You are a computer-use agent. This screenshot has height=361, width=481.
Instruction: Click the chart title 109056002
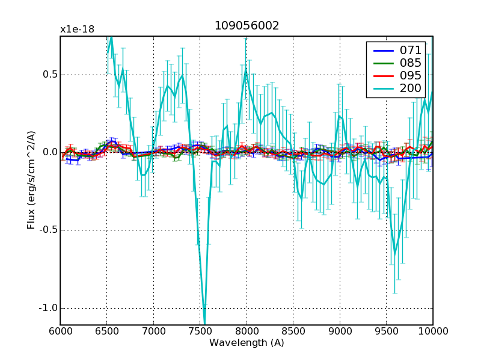(247, 26)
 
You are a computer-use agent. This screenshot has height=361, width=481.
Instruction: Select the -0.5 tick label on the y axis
(47, 230)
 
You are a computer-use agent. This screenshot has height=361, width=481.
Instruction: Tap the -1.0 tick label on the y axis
(47, 308)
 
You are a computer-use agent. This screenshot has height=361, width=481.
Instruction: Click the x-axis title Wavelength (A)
(247, 342)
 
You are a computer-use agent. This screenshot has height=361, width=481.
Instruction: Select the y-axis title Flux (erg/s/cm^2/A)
(31, 180)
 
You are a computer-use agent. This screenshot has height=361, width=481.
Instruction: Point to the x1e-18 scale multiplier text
(77, 29)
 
